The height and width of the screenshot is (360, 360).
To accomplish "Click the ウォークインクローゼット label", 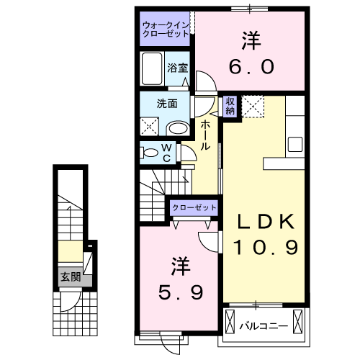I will click(x=166, y=29).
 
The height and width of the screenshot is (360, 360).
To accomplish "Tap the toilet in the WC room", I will click(x=150, y=152).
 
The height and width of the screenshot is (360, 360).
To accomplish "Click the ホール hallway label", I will click(x=205, y=135).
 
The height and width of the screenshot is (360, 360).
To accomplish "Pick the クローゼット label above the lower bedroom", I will click(x=194, y=207).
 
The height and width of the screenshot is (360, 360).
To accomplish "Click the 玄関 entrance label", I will click(x=70, y=276).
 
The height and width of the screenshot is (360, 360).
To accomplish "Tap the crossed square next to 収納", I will click(x=253, y=107).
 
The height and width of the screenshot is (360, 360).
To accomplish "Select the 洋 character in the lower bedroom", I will click(x=179, y=266).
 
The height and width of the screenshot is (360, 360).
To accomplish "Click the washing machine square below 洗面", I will click(x=150, y=127).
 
